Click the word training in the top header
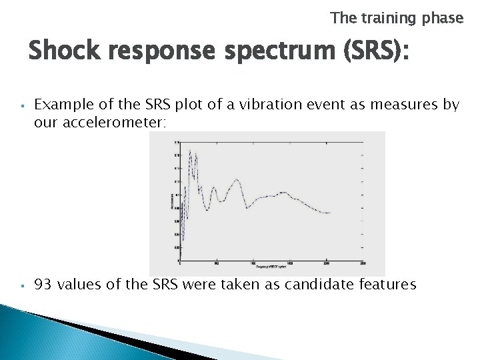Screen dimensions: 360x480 point(389,19)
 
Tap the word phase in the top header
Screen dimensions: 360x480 point(442,19)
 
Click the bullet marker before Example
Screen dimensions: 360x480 point(23,105)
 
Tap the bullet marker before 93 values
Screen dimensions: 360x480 point(23,286)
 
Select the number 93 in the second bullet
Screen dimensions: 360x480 point(43,285)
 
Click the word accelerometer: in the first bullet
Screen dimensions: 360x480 point(105,123)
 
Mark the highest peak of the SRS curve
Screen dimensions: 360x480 point(190,151)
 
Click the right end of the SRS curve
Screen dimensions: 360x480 point(330,213)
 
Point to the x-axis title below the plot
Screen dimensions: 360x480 point(267,266)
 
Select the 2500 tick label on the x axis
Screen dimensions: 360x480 point(361,262)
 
